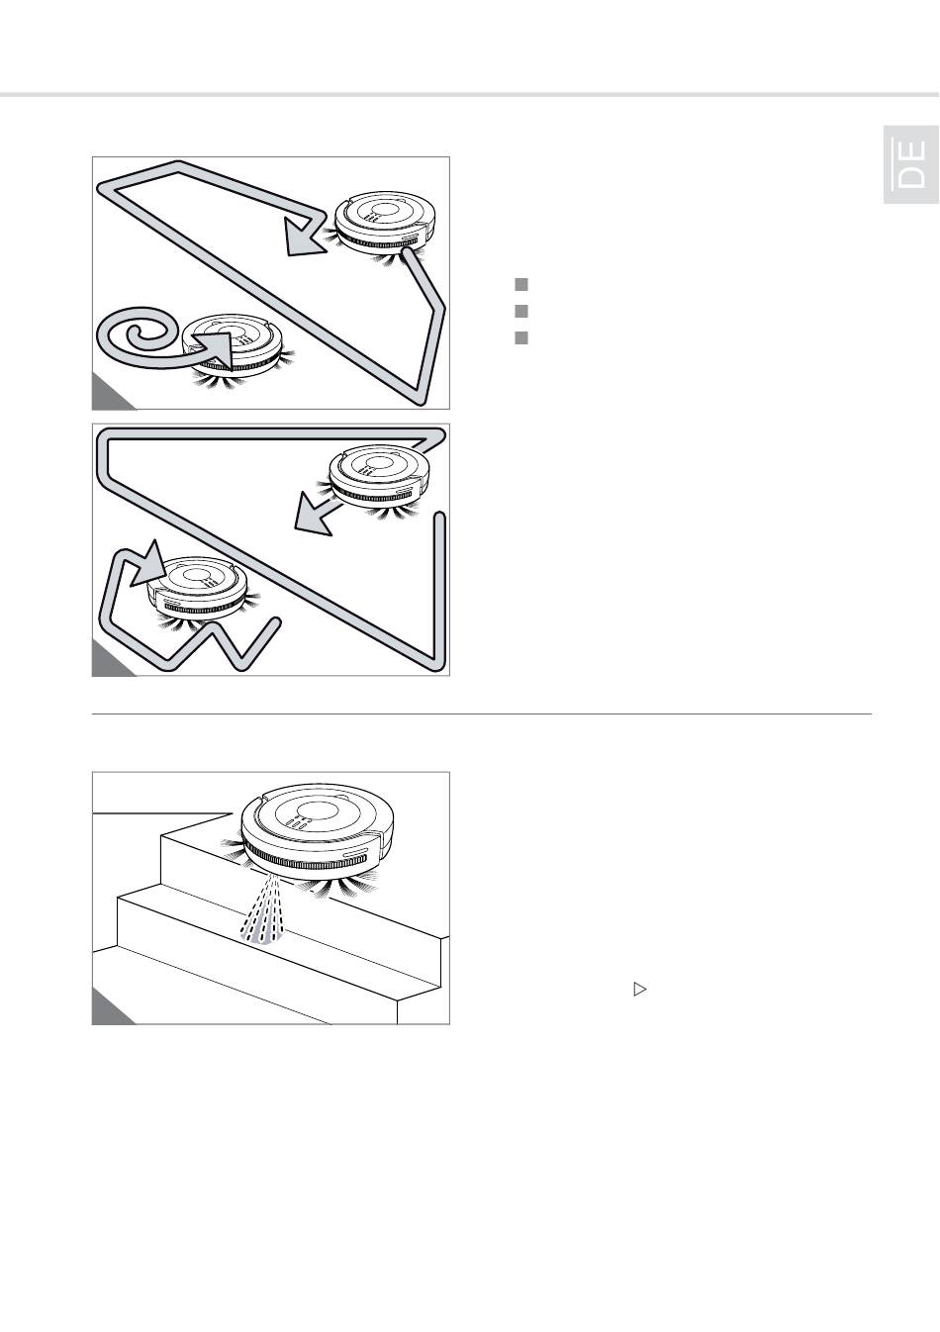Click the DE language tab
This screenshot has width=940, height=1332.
point(910,164)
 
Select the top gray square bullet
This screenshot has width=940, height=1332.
point(520,284)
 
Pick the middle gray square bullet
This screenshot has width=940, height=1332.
point(520,311)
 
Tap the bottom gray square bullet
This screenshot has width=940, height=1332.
point(520,337)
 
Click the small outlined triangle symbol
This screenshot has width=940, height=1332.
point(639,990)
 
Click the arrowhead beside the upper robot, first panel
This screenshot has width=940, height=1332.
point(302,237)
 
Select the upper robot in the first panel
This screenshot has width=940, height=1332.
point(384,226)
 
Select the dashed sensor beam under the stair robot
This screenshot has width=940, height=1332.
point(264,909)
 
